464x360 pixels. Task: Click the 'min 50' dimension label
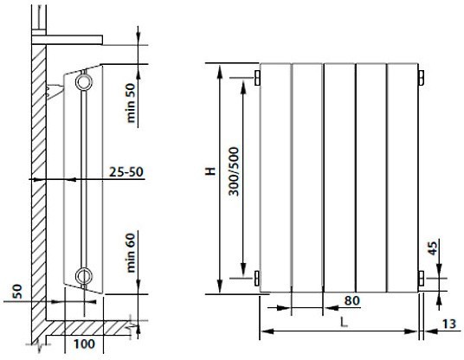tap(131, 103)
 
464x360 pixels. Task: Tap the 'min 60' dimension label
tap(131, 253)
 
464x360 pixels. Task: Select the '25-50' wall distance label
tap(126, 171)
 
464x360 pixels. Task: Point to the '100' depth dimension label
tap(84, 344)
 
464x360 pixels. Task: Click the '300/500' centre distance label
tap(234, 171)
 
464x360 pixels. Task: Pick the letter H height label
tap(210, 171)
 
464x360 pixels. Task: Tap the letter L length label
tap(344, 322)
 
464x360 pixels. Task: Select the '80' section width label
tap(351, 300)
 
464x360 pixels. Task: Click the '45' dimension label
tap(432, 248)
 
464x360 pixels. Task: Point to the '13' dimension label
tap(449, 324)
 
